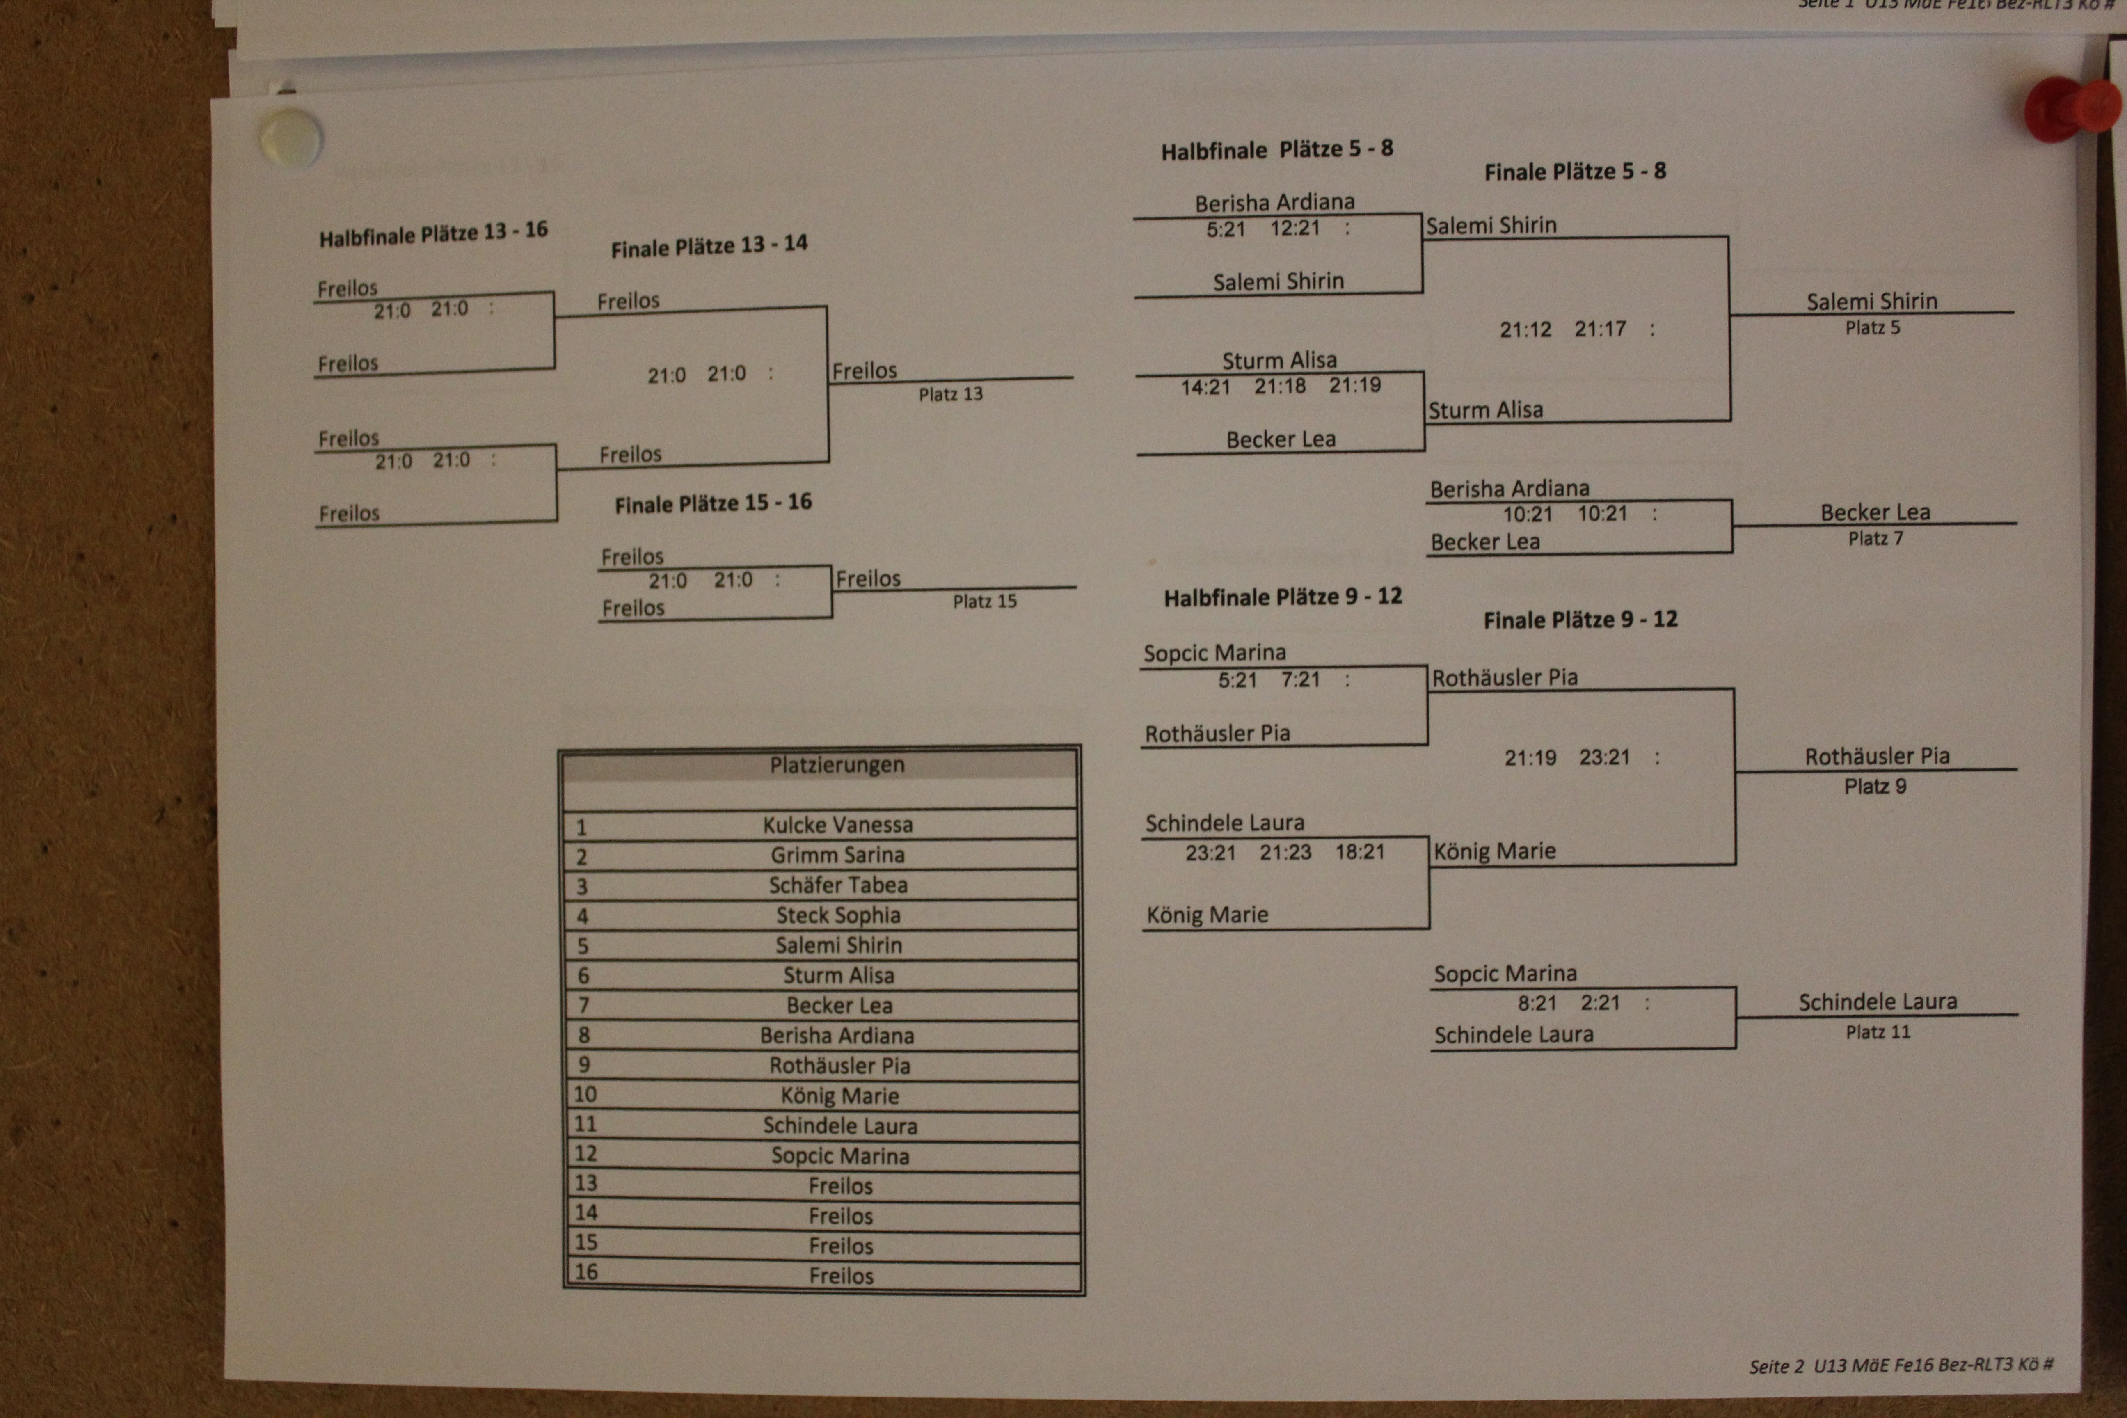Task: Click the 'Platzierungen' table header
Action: click(837, 765)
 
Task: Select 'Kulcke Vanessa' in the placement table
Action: click(837, 825)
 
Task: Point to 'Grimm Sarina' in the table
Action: click(837, 855)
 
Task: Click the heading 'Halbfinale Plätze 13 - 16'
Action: click(433, 233)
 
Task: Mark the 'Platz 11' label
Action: click(1878, 1032)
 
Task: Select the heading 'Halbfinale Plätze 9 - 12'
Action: click(1282, 597)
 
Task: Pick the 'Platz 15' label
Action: click(984, 602)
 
